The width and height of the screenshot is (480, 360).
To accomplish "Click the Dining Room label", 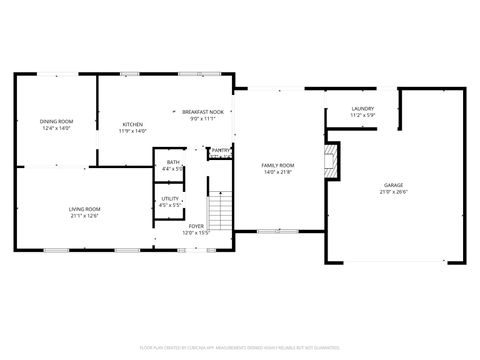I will [x=57, y=122].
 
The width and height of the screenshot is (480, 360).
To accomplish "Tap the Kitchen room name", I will [x=133, y=124].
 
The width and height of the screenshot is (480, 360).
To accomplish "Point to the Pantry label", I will [x=221, y=150].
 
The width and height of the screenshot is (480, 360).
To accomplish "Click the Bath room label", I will [x=173, y=162].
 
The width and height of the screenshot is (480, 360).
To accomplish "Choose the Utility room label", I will [x=170, y=198].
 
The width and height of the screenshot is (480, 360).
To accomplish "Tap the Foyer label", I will [x=197, y=226].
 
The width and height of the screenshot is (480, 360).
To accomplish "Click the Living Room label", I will [x=85, y=208].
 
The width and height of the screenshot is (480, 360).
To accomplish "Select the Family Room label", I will [x=278, y=165].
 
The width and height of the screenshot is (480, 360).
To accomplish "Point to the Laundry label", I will [x=362, y=108].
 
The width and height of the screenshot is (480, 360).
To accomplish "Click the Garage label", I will [x=394, y=186].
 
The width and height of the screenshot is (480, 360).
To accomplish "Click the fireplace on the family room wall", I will [x=332, y=160].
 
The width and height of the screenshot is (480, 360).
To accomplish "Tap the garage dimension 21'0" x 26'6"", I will [x=394, y=194].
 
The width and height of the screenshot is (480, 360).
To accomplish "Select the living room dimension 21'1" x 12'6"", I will [x=85, y=215].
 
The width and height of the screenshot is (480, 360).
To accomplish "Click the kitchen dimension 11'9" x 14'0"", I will [x=133, y=131].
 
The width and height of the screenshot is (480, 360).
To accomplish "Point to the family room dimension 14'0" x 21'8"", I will [x=278, y=172].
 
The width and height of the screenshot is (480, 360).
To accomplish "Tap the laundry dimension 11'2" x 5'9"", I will [x=362, y=115].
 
